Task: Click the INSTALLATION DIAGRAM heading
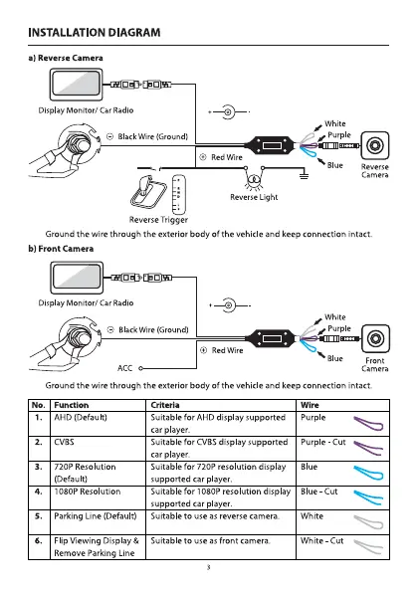(94, 33)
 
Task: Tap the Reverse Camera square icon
(374, 145)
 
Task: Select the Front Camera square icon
(375, 338)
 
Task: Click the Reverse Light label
(254, 197)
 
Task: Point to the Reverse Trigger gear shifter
(148, 192)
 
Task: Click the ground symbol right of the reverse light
(304, 175)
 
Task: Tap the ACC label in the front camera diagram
(125, 368)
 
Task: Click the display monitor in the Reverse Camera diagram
(76, 85)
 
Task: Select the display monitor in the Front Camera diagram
(77, 278)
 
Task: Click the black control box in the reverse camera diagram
(270, 145)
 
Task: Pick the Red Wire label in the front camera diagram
(227, 350)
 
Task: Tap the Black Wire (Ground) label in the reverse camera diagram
(152, 136)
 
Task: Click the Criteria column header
(165, 405)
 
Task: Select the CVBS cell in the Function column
(64, 442)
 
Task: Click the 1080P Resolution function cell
(88, 492)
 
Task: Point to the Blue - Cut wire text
(319, 492)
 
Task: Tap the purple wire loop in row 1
(368, 424)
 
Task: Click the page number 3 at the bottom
(208, 567)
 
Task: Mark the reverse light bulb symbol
(254, 179)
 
